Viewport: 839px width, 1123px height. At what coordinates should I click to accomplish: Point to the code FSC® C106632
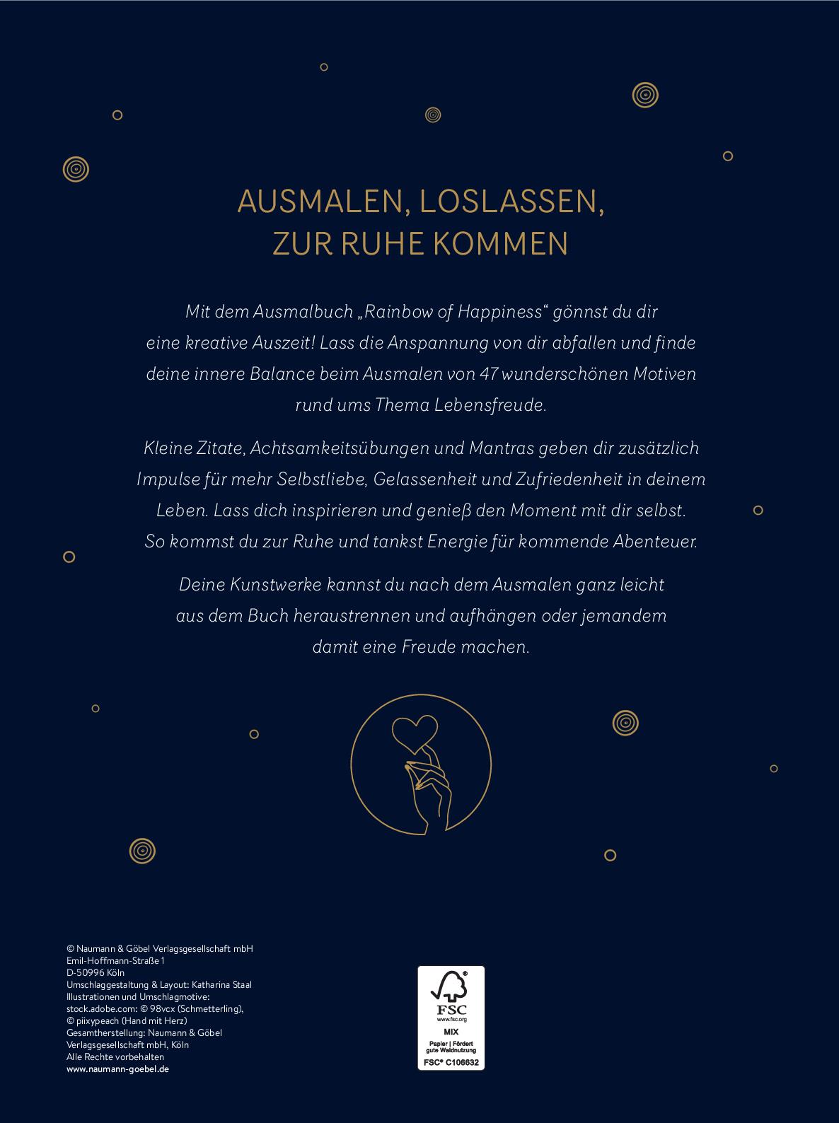[x=451, y=1061]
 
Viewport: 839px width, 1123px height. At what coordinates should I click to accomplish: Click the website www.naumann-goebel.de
[x=117, y=1069]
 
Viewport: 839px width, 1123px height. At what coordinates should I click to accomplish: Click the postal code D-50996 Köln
[x=96, y=972]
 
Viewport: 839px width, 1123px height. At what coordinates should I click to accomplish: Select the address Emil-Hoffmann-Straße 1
[x=115, y=960]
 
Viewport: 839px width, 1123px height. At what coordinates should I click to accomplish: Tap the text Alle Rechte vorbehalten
[x=115, y=1057]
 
